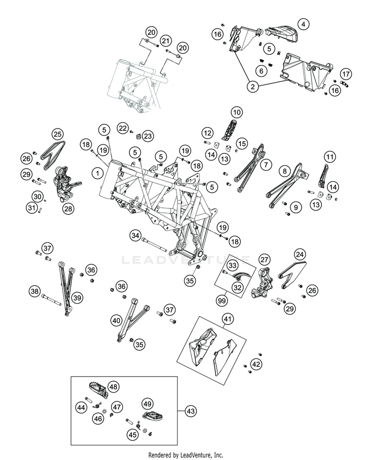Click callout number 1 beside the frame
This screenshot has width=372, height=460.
(x=98, y=173)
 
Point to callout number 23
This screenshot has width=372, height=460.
(x=149, y=136)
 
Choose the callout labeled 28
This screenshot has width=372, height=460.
(x=67, y=208)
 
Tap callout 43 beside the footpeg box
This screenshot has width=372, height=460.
(x=191, y=411)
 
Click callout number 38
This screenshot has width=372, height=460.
(x=34, y=291)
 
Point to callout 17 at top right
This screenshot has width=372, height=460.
(x=346, y=74)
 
